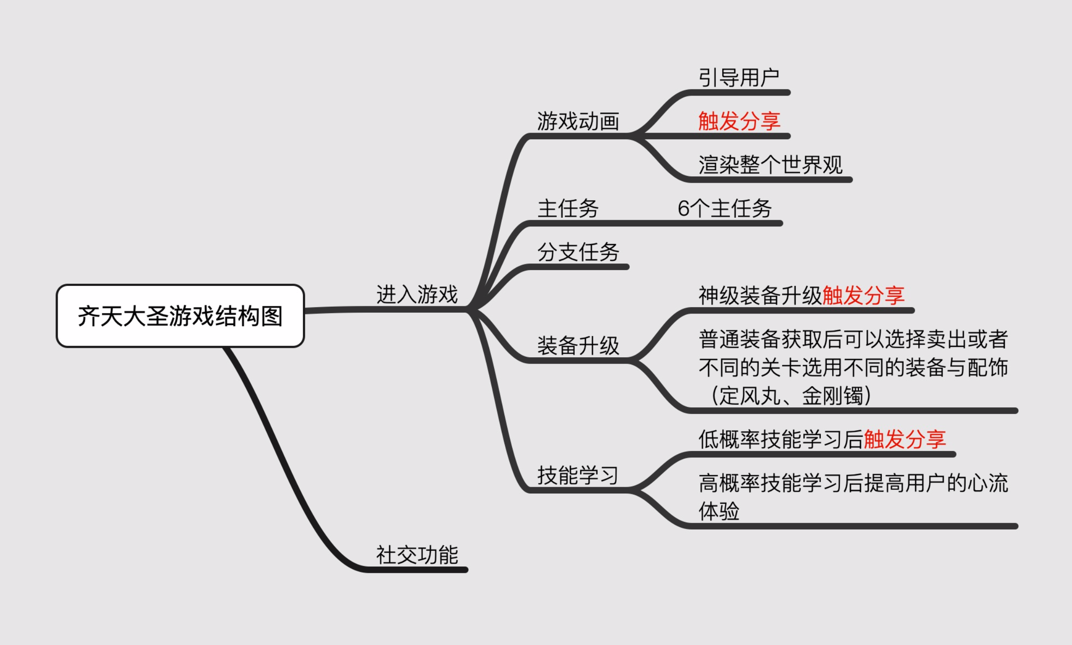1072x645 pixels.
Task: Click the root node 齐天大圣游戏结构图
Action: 180,316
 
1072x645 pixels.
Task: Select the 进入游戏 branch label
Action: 417,295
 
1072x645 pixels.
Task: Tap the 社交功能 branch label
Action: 417,555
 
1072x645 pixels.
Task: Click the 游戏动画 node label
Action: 578,121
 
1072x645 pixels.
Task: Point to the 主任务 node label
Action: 568,208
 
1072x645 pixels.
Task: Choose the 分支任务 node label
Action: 578,252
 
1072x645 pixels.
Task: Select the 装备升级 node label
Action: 578,346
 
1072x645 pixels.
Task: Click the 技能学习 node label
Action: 578,475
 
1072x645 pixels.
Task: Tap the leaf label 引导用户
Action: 739,78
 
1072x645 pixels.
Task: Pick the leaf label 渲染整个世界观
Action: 770,165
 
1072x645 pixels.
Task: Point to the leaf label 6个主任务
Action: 724,208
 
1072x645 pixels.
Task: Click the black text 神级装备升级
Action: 760,295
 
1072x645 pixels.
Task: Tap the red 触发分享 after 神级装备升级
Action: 863,295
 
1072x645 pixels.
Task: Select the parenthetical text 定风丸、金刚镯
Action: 791,396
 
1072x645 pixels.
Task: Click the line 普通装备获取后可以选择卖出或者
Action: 853,339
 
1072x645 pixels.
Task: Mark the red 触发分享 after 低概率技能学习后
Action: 905,439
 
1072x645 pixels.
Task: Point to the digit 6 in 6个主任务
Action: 683,209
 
